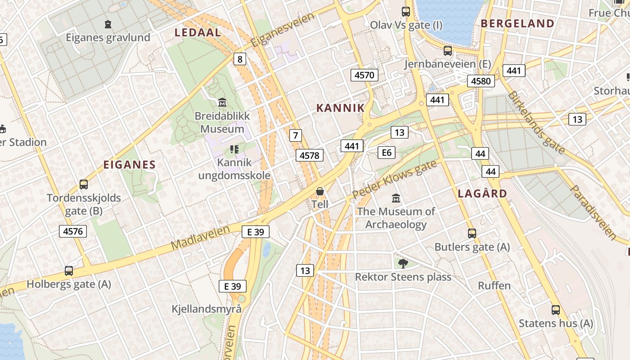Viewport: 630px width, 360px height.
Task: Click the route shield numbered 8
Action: pos(239,59)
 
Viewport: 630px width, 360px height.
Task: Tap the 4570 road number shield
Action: pos(364,75)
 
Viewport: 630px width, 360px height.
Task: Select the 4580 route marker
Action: pos(481,81)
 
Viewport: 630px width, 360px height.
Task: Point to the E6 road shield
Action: pos(386,153)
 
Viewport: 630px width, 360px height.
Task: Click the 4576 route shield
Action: pos(73,231)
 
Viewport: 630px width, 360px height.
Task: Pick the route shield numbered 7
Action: pos(295,135)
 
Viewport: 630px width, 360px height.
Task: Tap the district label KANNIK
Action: pos(340,108)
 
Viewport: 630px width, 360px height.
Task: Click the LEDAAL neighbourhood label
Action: pos(198,32)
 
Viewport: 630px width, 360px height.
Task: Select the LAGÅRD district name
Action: pos(482,194)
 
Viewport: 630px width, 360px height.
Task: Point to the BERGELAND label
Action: pos(517,24)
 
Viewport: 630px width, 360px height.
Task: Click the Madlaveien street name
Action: pos(201,238)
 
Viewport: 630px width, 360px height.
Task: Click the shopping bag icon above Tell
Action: pos(320,192)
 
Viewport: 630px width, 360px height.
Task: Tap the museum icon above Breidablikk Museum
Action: pos(222,103)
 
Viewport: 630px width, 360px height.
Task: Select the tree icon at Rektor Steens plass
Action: pos(403,263)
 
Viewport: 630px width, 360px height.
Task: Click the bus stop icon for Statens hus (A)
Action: pos(556,310)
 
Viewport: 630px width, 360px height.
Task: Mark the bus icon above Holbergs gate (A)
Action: pos(69,271)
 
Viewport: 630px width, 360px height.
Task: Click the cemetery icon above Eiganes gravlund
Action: pos(108,24)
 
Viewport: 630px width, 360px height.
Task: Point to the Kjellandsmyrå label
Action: pos(207,309)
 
